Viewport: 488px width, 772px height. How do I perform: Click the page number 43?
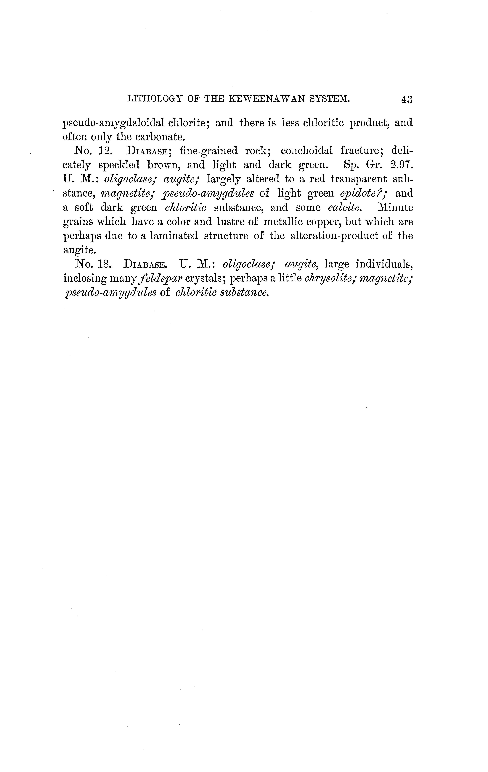[x=406, y=99]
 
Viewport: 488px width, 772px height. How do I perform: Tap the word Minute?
[x=395, y=207]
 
